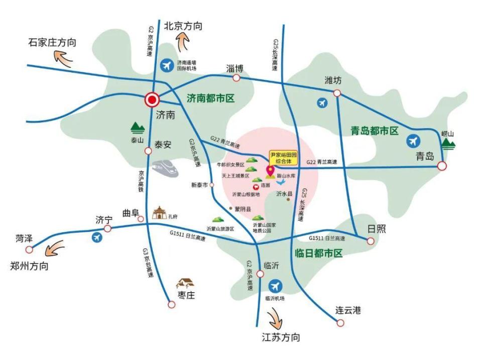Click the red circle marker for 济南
click(x=152, y=100)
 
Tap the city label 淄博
click(x=234, y=68)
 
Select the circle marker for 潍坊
click(x=337, y=93)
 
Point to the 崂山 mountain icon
click(x=448, y=145)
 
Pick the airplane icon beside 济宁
click(x=97, y=237)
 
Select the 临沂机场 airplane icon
click(x=275, y=287)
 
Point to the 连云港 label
click(x=348, y=310)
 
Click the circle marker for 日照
click(x=371, y=241)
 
